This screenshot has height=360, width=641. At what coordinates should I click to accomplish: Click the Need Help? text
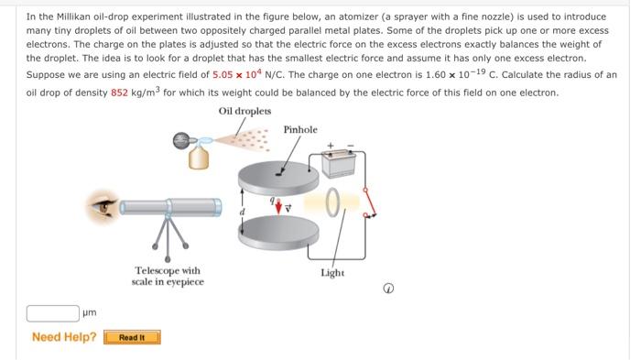coord(64,337)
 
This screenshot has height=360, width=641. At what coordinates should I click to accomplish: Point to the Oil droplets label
coord(244,111)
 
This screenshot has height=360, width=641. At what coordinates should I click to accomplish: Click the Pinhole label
coord(300,130)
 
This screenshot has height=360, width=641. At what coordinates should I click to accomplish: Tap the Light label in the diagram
coord(332,273)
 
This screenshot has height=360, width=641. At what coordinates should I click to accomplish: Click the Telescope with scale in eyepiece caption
coord(168,276)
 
